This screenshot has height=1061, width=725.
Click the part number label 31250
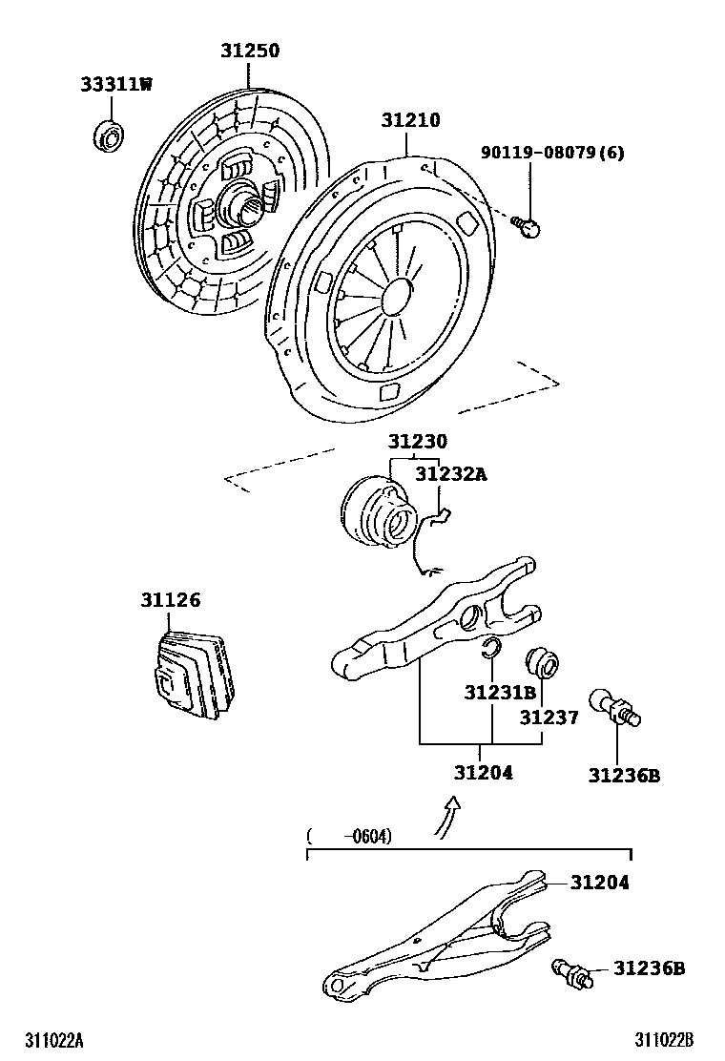251,51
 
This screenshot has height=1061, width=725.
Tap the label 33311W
114,84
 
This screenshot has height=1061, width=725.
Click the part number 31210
410,120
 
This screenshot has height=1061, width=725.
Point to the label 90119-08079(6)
552,153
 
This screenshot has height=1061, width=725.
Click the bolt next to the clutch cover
528,225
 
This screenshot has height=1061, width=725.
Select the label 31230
417,442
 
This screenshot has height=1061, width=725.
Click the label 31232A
449,473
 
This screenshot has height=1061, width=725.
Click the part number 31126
171,600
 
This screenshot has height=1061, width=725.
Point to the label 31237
549,718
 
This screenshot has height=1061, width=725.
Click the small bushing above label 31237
544,663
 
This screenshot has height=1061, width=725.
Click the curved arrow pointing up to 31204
446,818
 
